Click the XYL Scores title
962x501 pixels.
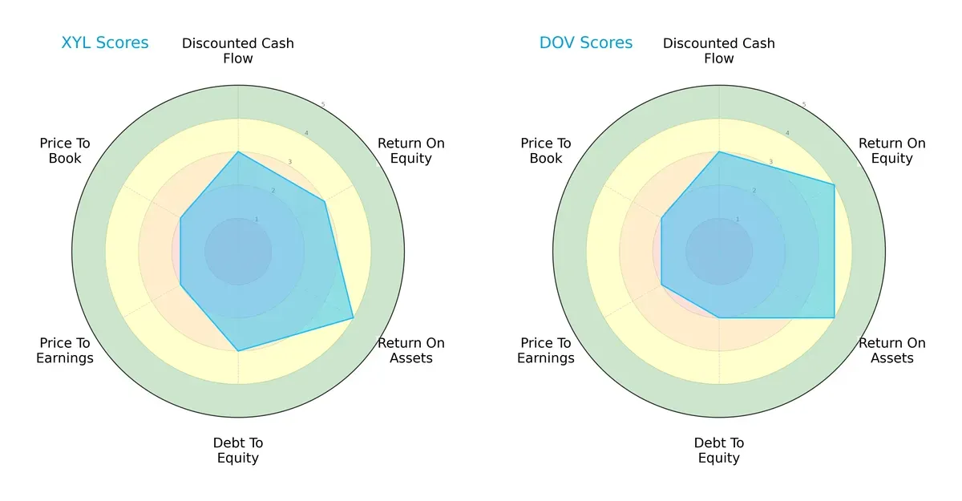click(105, 43)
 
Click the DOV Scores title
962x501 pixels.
click(586, 43)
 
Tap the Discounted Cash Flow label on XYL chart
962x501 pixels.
click(238, 51)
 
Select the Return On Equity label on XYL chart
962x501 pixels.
click(411, 151)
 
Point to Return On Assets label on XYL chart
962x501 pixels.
click(411, 350)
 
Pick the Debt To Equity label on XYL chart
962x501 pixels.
click(238, 450)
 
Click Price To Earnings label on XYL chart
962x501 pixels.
click(65, 350)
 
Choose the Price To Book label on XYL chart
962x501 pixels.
click(65, 151)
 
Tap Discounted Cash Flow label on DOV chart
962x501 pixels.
click(719, 51)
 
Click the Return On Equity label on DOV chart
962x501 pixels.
click(892, 151)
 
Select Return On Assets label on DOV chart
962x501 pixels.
click(892, 350)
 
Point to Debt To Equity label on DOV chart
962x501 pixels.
click(719, 450)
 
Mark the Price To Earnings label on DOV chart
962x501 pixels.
click(546, 350)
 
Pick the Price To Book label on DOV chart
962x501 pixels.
click(546, 151)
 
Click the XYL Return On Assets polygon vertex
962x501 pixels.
click(354, 318)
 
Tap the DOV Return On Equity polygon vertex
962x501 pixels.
click(835, 185)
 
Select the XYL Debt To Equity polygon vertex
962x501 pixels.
click(238, 351)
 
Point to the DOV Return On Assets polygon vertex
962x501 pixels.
click(835, 318)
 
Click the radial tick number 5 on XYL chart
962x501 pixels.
click(323, 105)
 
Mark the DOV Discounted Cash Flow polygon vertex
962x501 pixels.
click(719, 152)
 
